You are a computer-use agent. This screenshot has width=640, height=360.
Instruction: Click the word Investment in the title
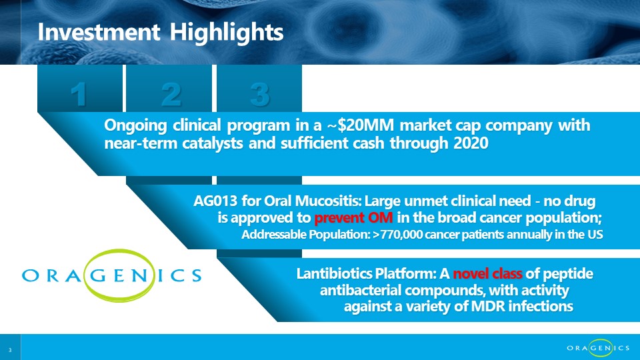(99, 32)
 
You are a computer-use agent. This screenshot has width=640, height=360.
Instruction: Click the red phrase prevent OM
(353, 217)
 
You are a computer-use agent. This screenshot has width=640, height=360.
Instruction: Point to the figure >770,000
(399, 235)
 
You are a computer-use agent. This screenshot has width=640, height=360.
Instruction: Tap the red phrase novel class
(487, 273)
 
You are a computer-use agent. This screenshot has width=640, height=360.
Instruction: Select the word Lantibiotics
(334, 273)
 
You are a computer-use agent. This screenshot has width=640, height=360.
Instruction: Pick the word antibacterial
(361, 290)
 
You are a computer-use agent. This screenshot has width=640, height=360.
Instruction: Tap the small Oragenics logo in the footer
(598, 348)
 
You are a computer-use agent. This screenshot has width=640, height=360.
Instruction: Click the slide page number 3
(10, 350)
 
